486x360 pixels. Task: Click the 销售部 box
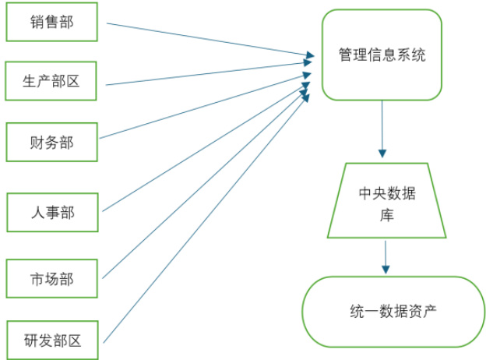click(x=52, y=22)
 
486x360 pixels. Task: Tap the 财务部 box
click(x=52, y=142)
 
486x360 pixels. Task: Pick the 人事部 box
click(x=52, y=211)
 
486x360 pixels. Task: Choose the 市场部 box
click(x=52, y=278)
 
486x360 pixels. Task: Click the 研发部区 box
click(x=52, y=340)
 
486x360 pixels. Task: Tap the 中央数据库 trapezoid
click(x=387, y=201)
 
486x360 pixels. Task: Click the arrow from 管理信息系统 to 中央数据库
click(x=382, y=129)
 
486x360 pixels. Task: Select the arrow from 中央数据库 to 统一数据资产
click(x=386, y=257)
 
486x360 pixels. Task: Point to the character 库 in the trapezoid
click(x=387, y=214)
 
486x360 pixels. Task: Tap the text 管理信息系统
click(x=382, y=55)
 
